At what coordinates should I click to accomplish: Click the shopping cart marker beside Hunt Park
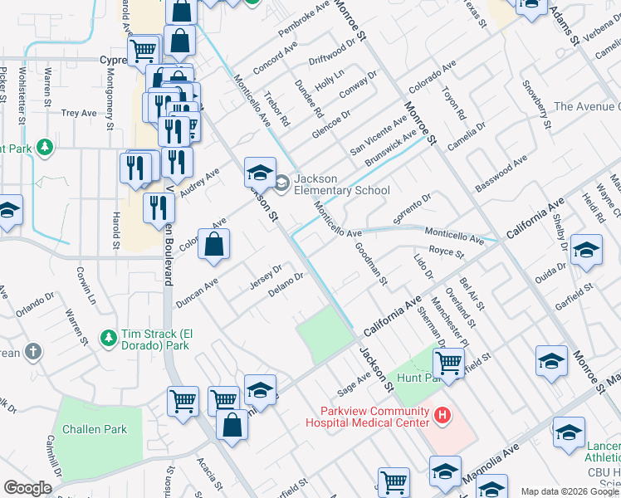pos(448,363)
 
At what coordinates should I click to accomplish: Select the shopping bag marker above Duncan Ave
pos(213,245)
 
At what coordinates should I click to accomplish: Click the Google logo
pos(27,487)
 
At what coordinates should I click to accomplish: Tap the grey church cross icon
pos(32,353)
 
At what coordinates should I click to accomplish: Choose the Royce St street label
pos(446,251)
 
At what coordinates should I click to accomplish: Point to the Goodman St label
pos(371,263)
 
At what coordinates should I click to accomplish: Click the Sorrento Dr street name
pos(413,211)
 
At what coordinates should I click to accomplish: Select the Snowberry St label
pos(535,105)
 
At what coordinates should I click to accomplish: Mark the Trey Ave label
pos(79,113)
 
